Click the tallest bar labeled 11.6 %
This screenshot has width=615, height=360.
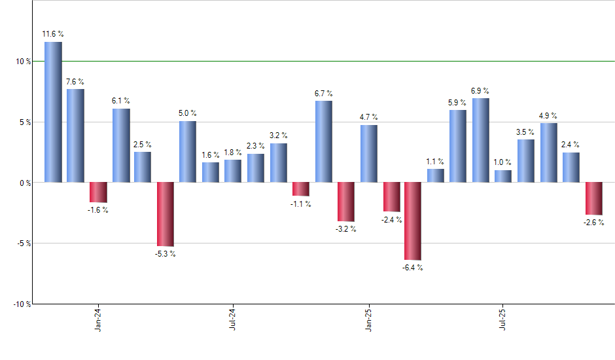coord(53,112)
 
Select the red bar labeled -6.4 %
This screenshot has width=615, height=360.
coord(413,221)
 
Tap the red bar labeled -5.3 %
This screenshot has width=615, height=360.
coord(166,214)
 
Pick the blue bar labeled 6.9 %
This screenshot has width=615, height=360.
coord(480,140)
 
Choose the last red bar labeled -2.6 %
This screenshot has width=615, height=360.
coord(593,198)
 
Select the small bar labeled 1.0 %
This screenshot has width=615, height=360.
coord(503,176)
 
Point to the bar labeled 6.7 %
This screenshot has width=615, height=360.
coord(323,141)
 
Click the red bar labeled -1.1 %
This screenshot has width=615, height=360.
coord(300,189)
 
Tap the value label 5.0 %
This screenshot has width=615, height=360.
coord(188,113)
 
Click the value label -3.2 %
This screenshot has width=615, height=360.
coord(345,229)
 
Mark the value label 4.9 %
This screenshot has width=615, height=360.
coord(548,116)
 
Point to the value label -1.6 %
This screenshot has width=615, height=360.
coord(98,210)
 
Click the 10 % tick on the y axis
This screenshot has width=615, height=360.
coord(24,62)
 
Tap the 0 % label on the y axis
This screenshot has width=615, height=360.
coord(25,183)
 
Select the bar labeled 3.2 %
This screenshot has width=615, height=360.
coord(278,162)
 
